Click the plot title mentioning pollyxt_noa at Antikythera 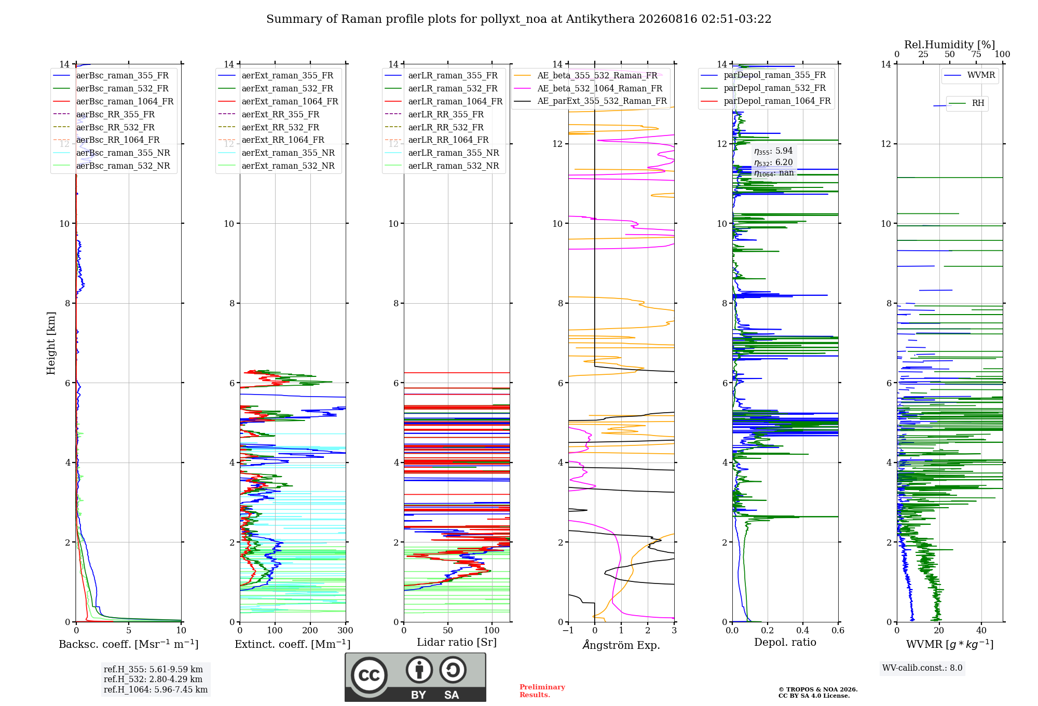[x=518, y=19]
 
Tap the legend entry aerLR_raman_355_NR [x=442, y=153]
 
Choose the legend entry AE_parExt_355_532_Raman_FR [x=591, y=101]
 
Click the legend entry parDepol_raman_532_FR [x=763, y=88]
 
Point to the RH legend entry [x=966, y=103]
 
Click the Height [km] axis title [x=51, y=343]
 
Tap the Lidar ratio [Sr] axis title [x=457, y=642]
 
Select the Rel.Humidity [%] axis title [x=950, y=45]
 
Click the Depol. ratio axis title [x=785, y=642]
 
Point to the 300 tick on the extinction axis [x=346, y=630]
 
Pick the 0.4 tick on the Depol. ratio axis [x=803, y=630]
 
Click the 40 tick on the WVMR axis [x=981, y=630]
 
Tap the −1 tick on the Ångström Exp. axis [x=568, y=630]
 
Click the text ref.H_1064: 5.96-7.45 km [x=156, y=689]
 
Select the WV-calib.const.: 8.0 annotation [x=922, y=668]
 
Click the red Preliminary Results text [x=542, y=690]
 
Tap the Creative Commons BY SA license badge [x=416, y=677]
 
